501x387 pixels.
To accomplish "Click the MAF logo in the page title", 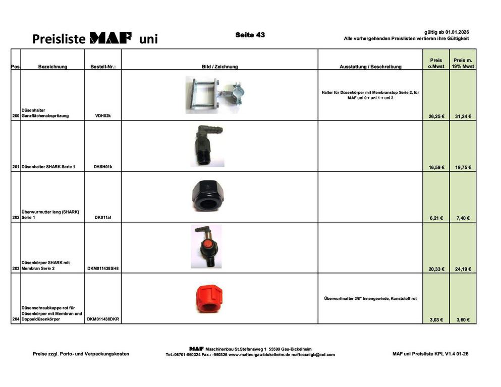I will tap(110, 38).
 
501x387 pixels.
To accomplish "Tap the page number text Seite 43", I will tap(250, 35).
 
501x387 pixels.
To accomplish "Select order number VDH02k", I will tap(102, 116).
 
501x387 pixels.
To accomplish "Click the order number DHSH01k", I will tap(103, 167).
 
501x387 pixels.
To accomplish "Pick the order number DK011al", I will tap(103, 218).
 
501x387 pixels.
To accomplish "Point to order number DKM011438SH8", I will tap(103, 269).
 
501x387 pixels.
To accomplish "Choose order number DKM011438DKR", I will tap(103, 319).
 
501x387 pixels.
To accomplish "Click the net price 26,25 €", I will tap(436, 116).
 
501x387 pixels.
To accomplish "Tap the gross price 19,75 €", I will tap(463, 167).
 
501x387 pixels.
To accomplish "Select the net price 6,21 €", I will tap(436, 218).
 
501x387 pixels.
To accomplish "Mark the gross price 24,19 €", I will tap(463, 269).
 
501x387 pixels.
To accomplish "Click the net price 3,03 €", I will tap(436, 320).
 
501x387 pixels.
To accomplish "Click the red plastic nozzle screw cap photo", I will tap(207, 299).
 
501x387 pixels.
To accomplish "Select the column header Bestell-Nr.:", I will tap(103, 67).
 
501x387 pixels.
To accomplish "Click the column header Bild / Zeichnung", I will tap(219, 67).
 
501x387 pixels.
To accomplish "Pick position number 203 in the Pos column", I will tap(16, 269).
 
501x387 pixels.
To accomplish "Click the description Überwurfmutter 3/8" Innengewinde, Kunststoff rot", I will tap(370, 298).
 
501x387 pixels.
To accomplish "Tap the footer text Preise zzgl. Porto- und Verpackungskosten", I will tap(81, 354).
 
